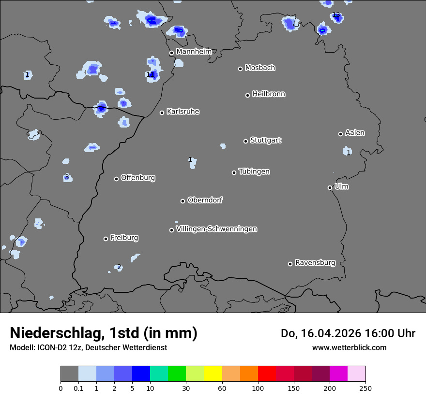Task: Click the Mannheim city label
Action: [194, 51]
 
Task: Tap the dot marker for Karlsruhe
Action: [162, 113]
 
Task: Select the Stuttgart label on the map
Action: [265, 140]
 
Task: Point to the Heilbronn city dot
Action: [247, 95]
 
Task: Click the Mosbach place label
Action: [259, 68]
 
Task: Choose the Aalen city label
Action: [355, 132]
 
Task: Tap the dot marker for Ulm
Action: [330, 187]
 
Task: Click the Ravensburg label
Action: [315, 263]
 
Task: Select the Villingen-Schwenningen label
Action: [216, 229]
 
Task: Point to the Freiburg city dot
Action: [106, 239]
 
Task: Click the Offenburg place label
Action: [138, 177]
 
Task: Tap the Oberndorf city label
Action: [205, 200]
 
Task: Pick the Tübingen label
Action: [254, 172]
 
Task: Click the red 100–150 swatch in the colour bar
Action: [267, 374]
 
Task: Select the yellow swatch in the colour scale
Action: [213, 374]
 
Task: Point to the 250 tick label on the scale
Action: [365, 388]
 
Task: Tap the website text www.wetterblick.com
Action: [349, 347]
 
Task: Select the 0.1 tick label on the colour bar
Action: [78, 388]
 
